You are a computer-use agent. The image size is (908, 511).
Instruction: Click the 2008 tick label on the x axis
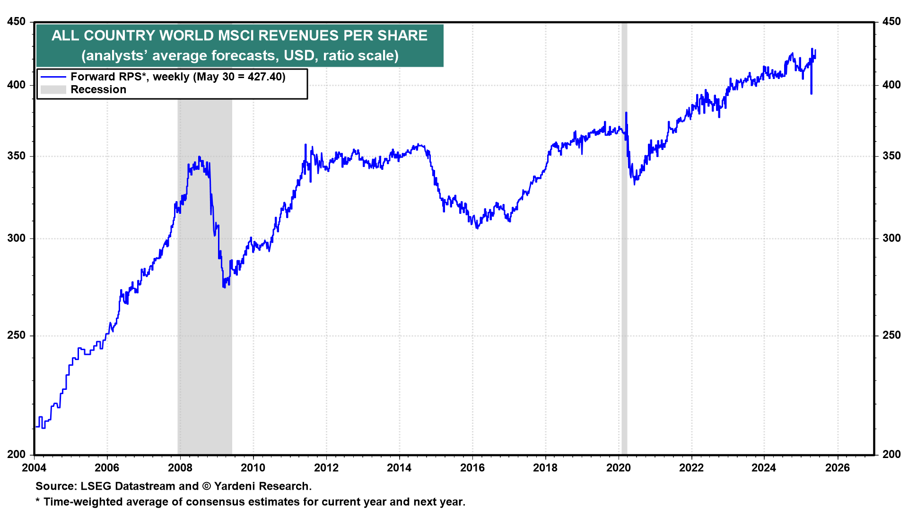pos(180,468)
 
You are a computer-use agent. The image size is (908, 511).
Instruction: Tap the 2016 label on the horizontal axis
pos(472,468)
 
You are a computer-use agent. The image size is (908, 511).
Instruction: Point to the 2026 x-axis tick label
pos(838,468)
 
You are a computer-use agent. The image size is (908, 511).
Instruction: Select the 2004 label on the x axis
pos(34,468)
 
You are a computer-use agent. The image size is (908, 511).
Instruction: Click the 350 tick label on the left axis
pos(17,156)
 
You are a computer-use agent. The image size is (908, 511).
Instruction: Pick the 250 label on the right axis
pos(891,335)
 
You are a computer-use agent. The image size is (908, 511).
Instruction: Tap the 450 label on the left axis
pos(17,22)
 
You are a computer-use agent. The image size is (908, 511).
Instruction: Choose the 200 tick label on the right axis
pos(891,454)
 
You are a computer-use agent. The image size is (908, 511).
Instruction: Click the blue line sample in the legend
pos(53,77)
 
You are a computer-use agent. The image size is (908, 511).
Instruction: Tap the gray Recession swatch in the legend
pos(53,89)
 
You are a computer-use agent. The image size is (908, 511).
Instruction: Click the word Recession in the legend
pos(98,89)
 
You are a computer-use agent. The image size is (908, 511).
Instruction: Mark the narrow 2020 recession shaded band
pos(624,284)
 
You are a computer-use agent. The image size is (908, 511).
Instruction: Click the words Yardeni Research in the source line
pos(262,486)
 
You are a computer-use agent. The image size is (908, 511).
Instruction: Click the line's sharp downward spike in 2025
pos(812,92)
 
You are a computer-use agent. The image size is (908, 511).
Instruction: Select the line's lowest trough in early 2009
pos(224,286)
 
